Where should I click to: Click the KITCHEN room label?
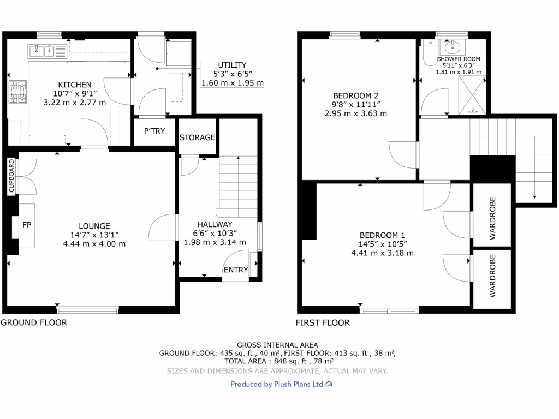[75, 85]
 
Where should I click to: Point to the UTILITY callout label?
[232, 65]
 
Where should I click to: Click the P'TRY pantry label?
[154, 131]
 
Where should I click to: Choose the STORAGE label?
[197, 137]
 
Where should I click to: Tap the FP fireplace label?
[26, 224]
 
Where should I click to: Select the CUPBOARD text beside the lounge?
[11, 177]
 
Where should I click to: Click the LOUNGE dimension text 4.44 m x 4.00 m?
[94, 243]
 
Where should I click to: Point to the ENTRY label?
[236, 270]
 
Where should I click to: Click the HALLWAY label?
[215, 224]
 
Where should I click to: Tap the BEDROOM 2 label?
[355, 95]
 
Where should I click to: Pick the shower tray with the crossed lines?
[473, 95]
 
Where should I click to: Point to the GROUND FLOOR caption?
[34, 322]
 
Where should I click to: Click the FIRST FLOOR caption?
[323, 322]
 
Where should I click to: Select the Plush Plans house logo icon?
[329, 384]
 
